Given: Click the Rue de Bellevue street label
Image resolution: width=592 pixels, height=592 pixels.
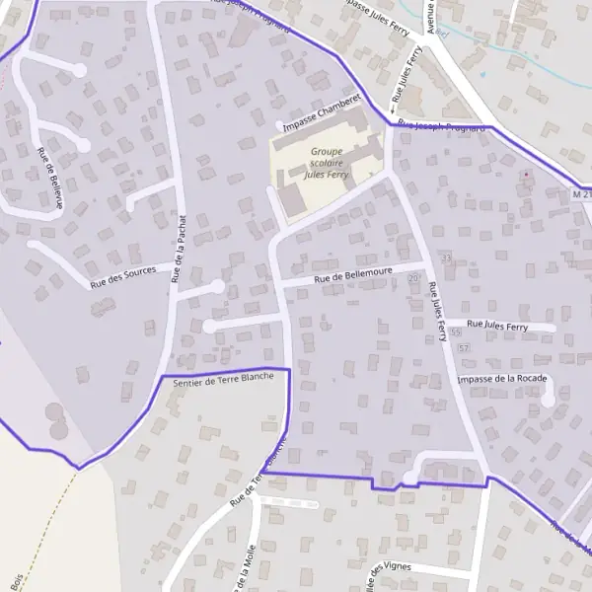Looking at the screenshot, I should (x=50, y=179).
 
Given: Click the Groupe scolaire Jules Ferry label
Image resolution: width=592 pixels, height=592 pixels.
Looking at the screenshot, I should (x=327, y=163).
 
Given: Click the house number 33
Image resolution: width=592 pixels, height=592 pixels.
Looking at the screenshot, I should (x=446, y=259).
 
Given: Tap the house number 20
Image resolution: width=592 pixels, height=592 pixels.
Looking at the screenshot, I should (x=412, y=279).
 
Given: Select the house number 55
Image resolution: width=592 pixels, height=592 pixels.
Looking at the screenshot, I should (x=455, y=333).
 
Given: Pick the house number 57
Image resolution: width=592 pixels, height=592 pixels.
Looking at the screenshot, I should (x=463, y=349).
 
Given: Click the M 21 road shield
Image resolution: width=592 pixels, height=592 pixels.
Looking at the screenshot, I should (x=581, y=194).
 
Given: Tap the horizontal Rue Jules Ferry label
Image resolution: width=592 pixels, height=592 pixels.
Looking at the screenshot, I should (x=497, y=326).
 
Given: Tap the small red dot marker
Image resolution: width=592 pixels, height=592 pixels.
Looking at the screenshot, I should (x=526, y=176).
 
